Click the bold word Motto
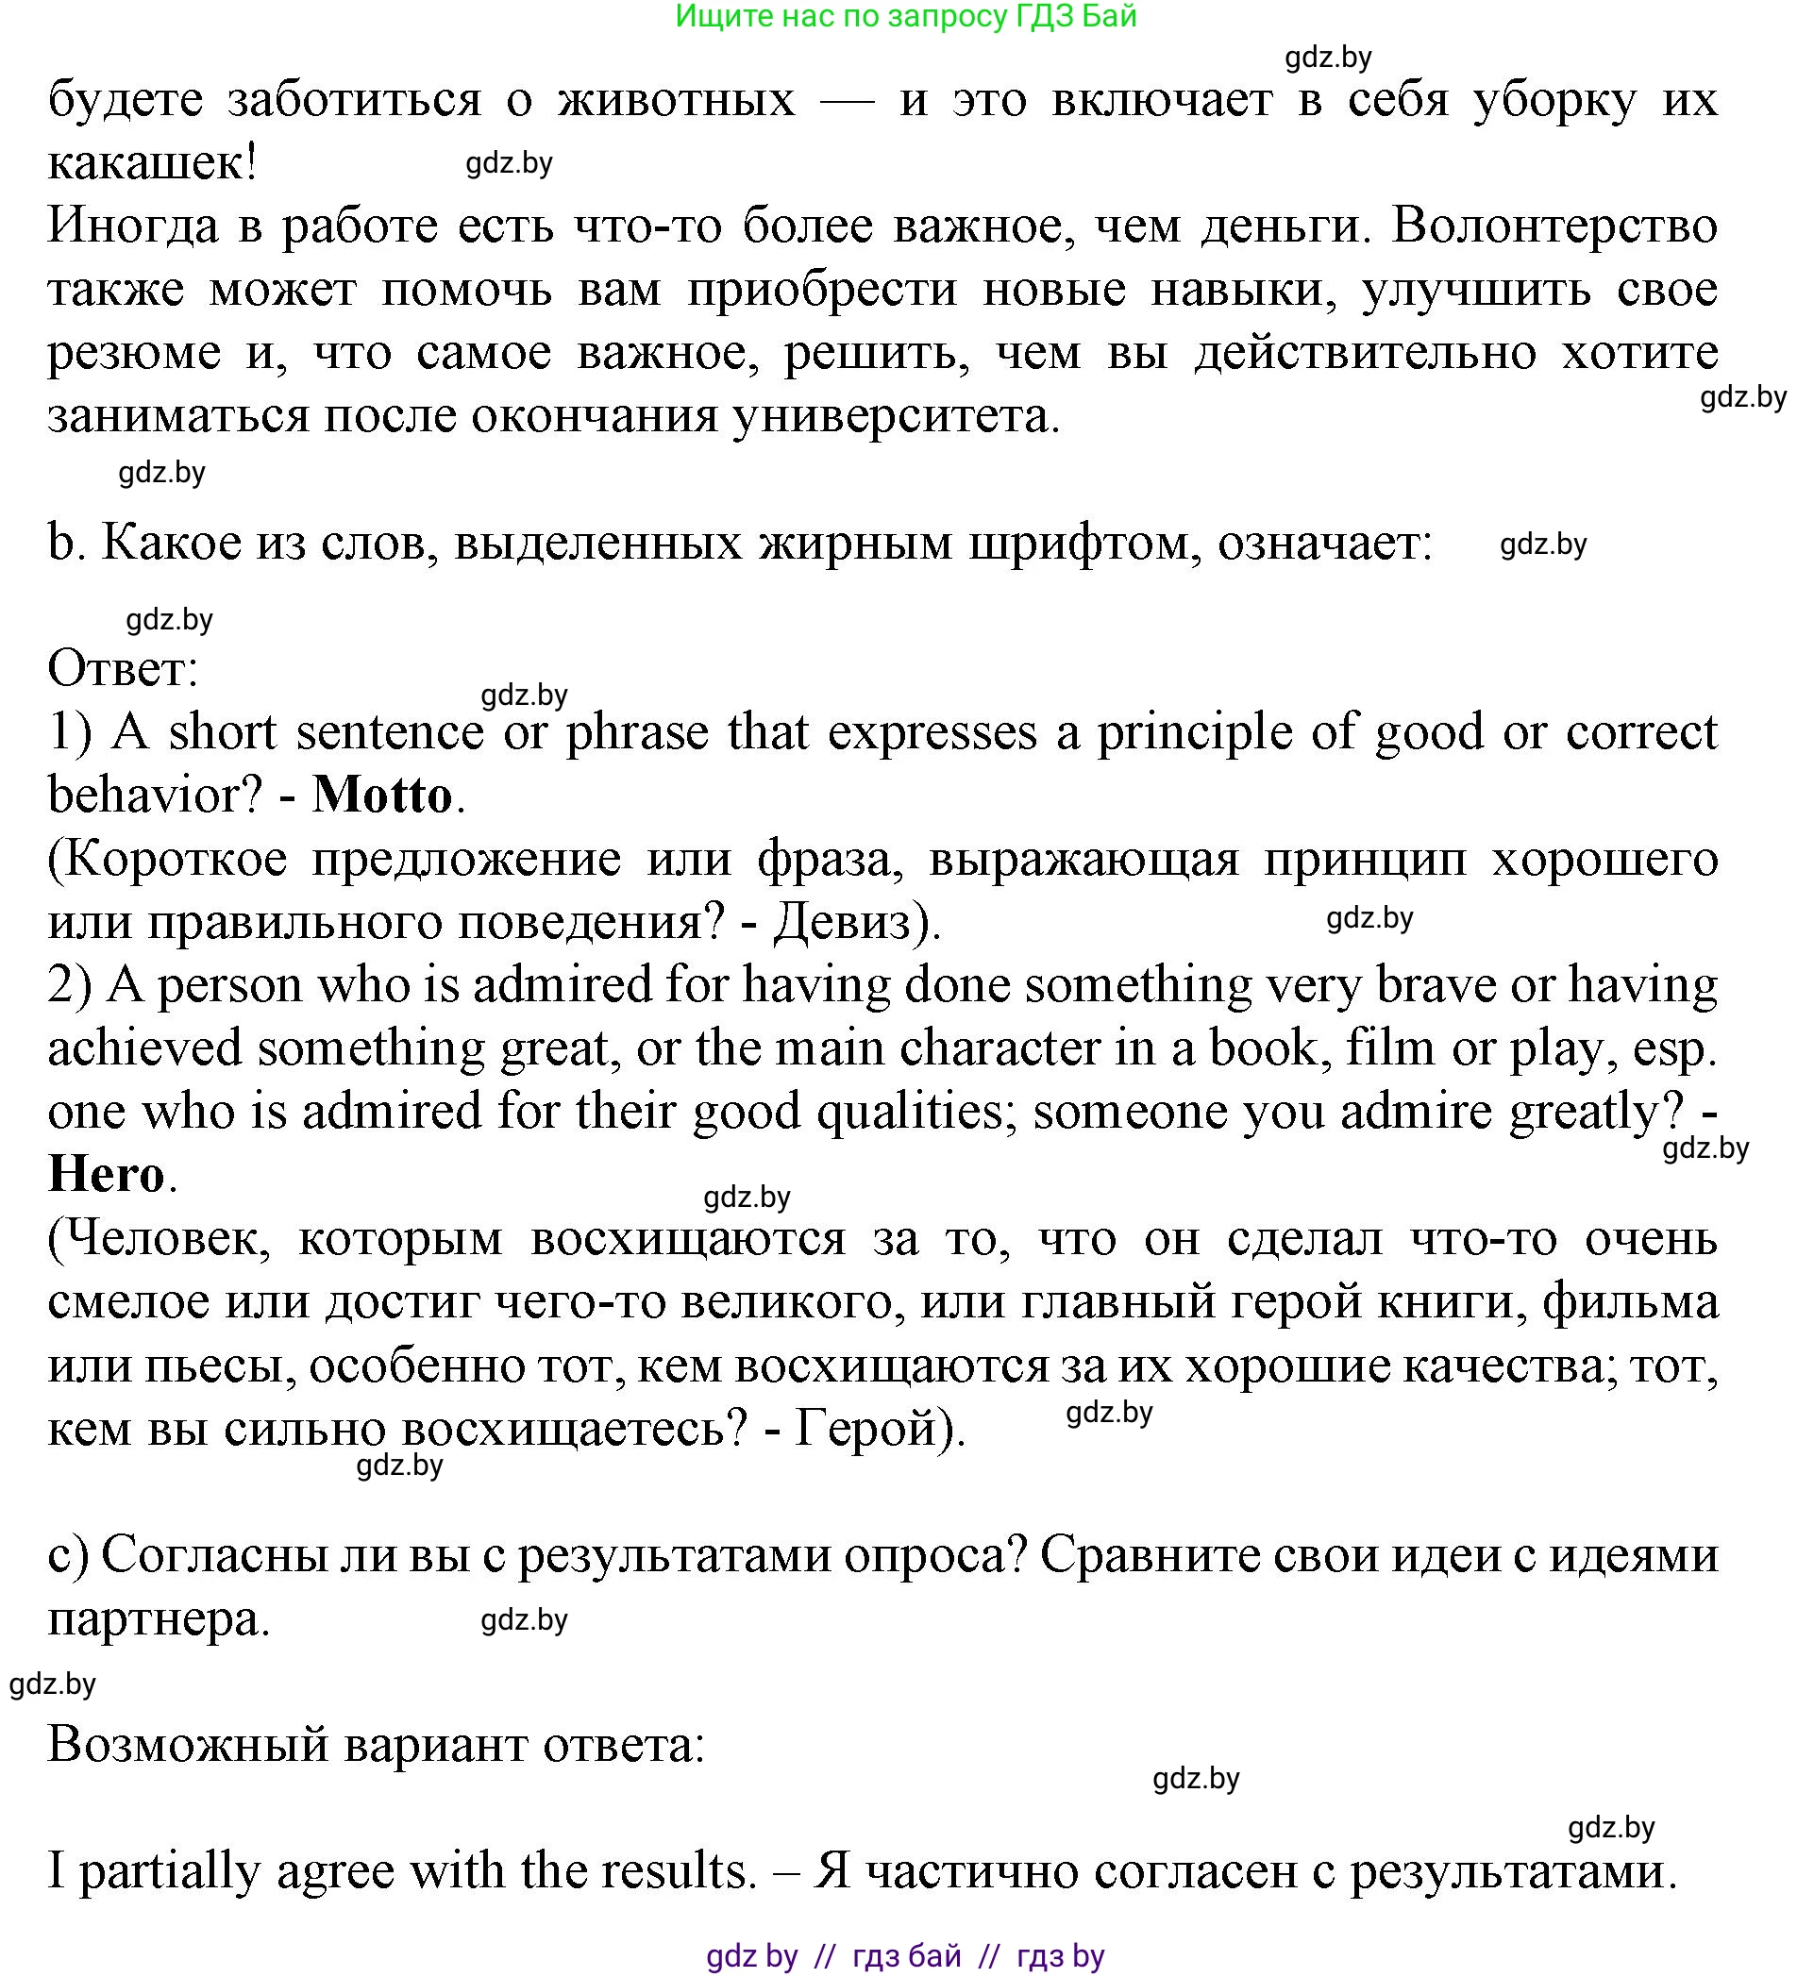tap(382, 796)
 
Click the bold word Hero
tap(106, 1174)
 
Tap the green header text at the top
tap(905, 17)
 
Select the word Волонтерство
tap(1554, 226)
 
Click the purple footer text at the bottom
tap(905, 1956)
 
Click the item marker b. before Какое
tap(60, 543)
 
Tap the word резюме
tap(134, 352)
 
